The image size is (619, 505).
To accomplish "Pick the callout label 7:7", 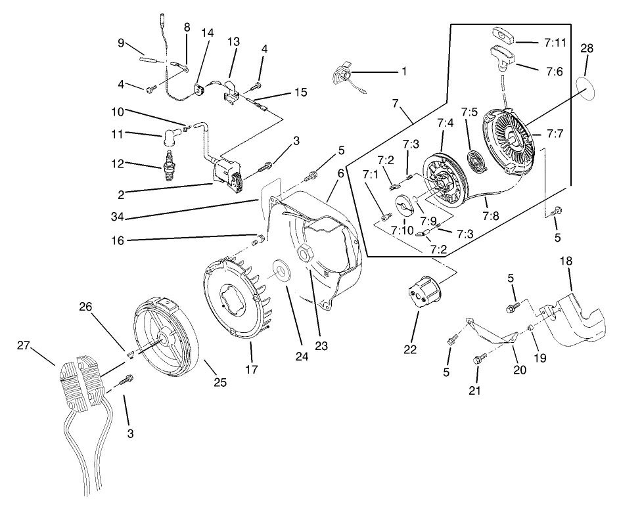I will [554, 134].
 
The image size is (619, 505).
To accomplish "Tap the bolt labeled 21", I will [480, 360].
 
